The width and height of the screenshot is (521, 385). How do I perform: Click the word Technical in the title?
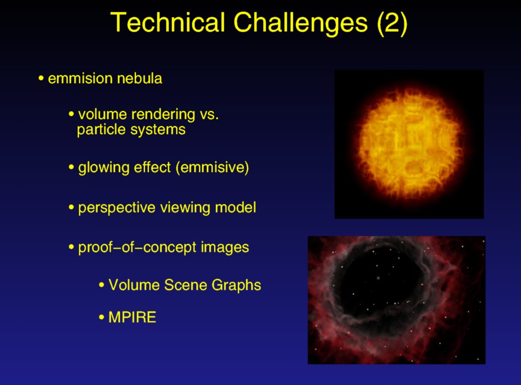coord(168,22)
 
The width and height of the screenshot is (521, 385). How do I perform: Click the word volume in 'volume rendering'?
coord(102,114)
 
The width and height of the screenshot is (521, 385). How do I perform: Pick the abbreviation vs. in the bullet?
coord(209,115)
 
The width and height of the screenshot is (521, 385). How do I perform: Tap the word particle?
coord(101,129)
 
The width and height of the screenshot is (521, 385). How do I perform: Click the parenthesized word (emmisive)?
coord(212,168)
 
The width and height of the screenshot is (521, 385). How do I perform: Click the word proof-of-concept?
coord(137,248)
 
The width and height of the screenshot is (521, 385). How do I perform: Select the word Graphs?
coord(236,286)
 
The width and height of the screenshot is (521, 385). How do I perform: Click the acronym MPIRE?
coord(132,317)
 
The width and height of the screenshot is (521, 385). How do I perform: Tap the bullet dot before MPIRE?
coord(102,318)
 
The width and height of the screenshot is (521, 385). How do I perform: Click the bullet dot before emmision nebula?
coord(41,79)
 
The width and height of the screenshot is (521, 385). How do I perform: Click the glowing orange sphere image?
coord(409,144)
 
